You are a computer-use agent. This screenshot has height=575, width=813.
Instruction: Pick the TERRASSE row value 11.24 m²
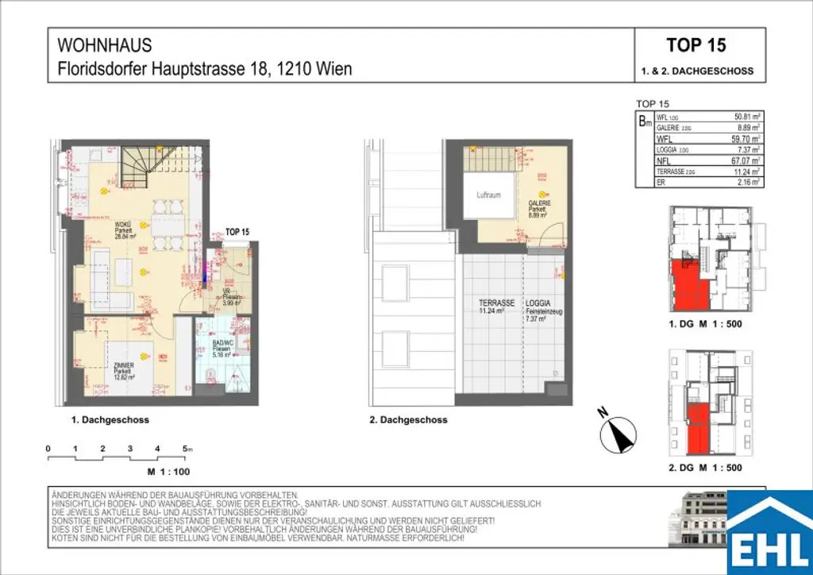pos(746,171)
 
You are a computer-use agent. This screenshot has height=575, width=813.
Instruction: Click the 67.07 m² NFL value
pos(746,160)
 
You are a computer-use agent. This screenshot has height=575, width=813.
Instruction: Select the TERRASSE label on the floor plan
pos(497,303)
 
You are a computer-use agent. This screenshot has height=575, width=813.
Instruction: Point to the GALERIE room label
pos(538,203)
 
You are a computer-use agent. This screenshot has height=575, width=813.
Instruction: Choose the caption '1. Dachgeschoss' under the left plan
pos(110,420)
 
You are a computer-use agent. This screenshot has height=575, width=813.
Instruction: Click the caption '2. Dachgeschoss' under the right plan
pos(408,420)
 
